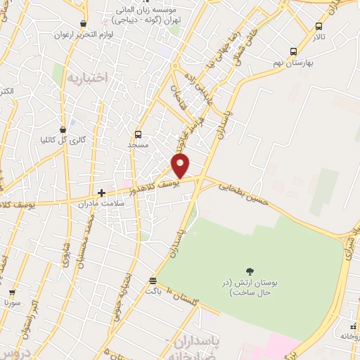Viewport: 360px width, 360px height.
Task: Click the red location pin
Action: (181, 165)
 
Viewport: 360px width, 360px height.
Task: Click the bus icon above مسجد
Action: (138, 134)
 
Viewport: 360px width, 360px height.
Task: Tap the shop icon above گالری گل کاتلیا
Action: (64, 129)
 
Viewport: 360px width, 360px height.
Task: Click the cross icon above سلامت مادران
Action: (102, 192)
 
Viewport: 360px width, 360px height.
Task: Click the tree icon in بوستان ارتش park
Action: (249, 271)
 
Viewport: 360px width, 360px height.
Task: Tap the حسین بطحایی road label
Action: (243, 195)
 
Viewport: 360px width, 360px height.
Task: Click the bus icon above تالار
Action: (319, 27)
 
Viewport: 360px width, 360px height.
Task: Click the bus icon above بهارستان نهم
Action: (294, 51)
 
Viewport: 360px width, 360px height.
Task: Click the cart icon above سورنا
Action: (12, 292)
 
